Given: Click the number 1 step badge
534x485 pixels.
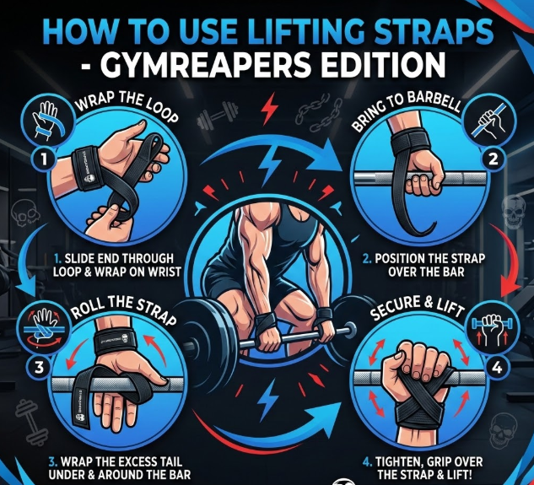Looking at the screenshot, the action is point(44,159).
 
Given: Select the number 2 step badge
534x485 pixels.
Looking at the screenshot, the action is point(493,159).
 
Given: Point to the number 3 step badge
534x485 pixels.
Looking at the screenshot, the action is point(40,368).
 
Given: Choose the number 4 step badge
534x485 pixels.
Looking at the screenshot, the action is point(497,368).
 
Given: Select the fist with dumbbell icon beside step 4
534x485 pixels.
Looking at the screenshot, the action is point(489,330).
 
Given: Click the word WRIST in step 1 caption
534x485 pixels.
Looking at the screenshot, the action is point(165,272).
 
